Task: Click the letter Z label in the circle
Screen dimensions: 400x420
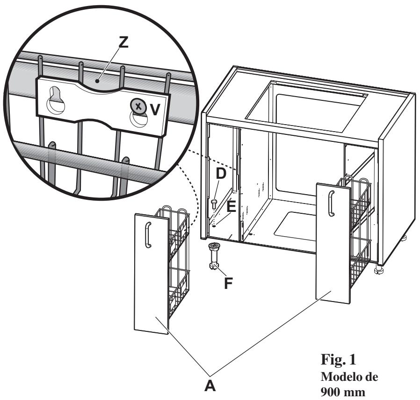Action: coord(123,42)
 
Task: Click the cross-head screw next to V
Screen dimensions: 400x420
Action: coord(138,107)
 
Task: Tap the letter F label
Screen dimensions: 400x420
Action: coord(228,283)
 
